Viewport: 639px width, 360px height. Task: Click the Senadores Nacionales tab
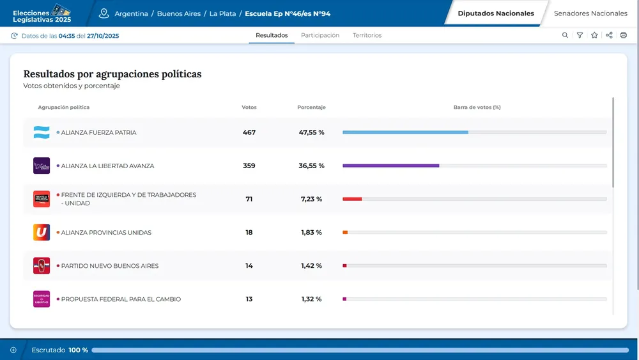point(590,13)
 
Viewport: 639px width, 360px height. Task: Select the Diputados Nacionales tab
point(496,13)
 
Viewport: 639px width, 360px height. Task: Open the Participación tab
point(320,35)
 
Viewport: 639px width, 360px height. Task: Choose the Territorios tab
point(367,35)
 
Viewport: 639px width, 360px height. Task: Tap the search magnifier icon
point(565,35)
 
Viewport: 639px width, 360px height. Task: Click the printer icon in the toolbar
point(624,35)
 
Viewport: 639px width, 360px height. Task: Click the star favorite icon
point(594,35)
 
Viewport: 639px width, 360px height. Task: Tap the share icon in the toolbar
point(609,35)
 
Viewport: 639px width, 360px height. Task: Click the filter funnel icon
point(580,35)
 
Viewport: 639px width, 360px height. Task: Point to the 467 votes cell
point(249,132)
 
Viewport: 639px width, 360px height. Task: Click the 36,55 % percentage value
point(311,166)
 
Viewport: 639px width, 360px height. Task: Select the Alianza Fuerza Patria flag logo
point(42,132)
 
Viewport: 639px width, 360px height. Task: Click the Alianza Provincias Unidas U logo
point(42,232)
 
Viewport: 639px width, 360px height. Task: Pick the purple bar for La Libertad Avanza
point(390,166)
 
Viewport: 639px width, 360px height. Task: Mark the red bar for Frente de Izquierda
point(352,199)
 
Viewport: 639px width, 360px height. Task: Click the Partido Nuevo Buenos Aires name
point(109,265)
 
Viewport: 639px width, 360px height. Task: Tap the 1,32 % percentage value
point(311,299)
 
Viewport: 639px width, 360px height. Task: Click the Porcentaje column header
point(311,107)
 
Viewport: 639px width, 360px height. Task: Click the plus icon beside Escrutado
point(13,350)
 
